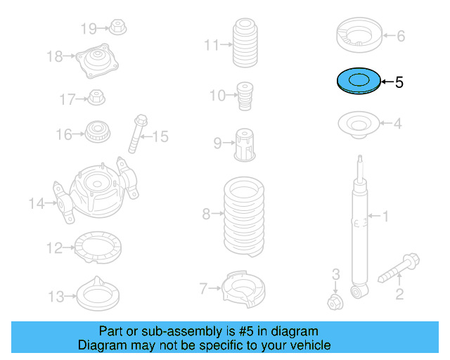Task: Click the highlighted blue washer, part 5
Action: pyautogui.click(x=357, y=82)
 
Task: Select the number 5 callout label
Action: pyautogui.click(x=399, y=82)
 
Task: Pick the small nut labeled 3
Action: pyautogui.click(x=335, y=302)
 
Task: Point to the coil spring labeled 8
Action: pyautogui.click(x=243, y=217)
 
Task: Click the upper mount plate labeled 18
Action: pyautogui.click(x=96, y=60)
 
